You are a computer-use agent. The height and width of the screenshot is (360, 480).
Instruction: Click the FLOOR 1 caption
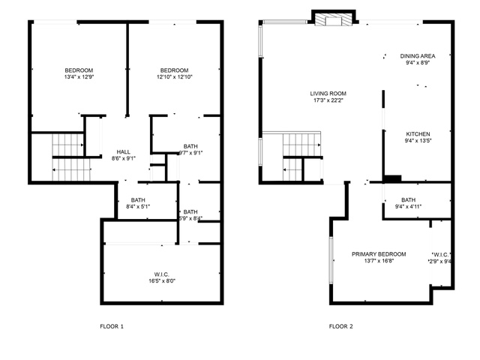click(x=112, y=326)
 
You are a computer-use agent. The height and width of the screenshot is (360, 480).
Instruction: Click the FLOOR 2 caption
click(x=340, y=326)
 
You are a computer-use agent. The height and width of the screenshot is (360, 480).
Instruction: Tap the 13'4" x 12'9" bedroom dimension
click(x=78, y=76)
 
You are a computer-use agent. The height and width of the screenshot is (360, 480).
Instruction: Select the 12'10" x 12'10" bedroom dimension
click(x=174, y=76)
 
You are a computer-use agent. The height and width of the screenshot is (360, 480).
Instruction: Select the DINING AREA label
click(x=418, y=55)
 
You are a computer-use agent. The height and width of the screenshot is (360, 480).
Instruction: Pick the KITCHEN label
click(x=418, y=133)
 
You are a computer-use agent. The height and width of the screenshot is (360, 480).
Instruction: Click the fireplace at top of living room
click(x=332, y=19)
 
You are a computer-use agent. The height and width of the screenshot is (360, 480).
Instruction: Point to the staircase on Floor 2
click(x=299, y=158)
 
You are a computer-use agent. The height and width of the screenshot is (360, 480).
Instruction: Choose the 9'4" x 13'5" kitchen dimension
click(x=418, y=140)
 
